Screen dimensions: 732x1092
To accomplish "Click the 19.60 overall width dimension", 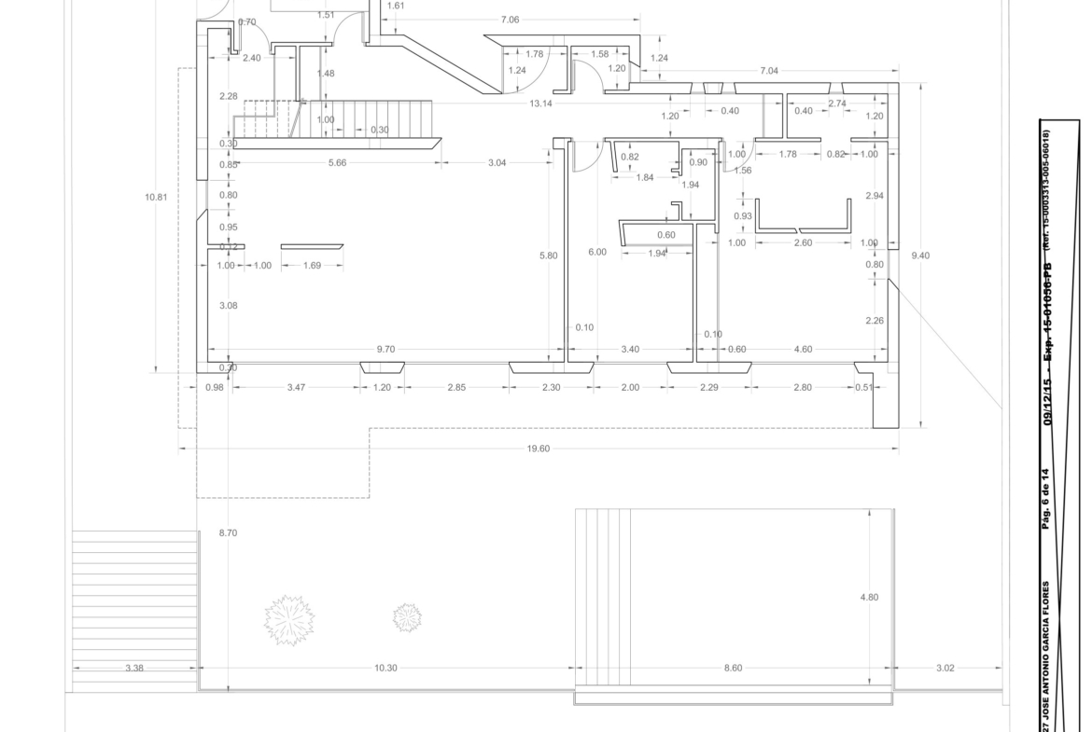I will [539, 449].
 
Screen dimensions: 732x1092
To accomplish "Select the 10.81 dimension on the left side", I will [157, 198].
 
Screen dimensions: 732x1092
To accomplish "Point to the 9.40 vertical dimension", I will [920, 256].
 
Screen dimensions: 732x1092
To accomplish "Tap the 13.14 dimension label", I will [540, 104].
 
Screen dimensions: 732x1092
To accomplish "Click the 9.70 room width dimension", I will [385, 350].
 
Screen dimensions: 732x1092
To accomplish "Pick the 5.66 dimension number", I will [338, 163].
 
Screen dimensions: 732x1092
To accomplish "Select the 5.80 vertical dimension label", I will [549, 256].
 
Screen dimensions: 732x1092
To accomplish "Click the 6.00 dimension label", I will [596, 252].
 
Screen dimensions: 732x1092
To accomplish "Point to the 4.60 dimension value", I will [803, 350].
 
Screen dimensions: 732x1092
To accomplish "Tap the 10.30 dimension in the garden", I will [385, 668].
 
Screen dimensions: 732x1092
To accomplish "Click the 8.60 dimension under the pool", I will [734, 668].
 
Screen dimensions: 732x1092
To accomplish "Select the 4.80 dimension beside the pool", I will [868, 598].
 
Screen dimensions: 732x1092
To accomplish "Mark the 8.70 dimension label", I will [228, 532].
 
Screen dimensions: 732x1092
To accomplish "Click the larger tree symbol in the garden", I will [289, 619].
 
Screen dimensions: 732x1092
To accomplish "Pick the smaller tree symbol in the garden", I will [407, 616].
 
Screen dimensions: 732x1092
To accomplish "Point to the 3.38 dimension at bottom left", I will [134, 668].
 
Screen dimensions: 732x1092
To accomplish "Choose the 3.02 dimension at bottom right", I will [945, 668].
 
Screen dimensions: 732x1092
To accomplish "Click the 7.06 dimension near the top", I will [510, 20].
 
